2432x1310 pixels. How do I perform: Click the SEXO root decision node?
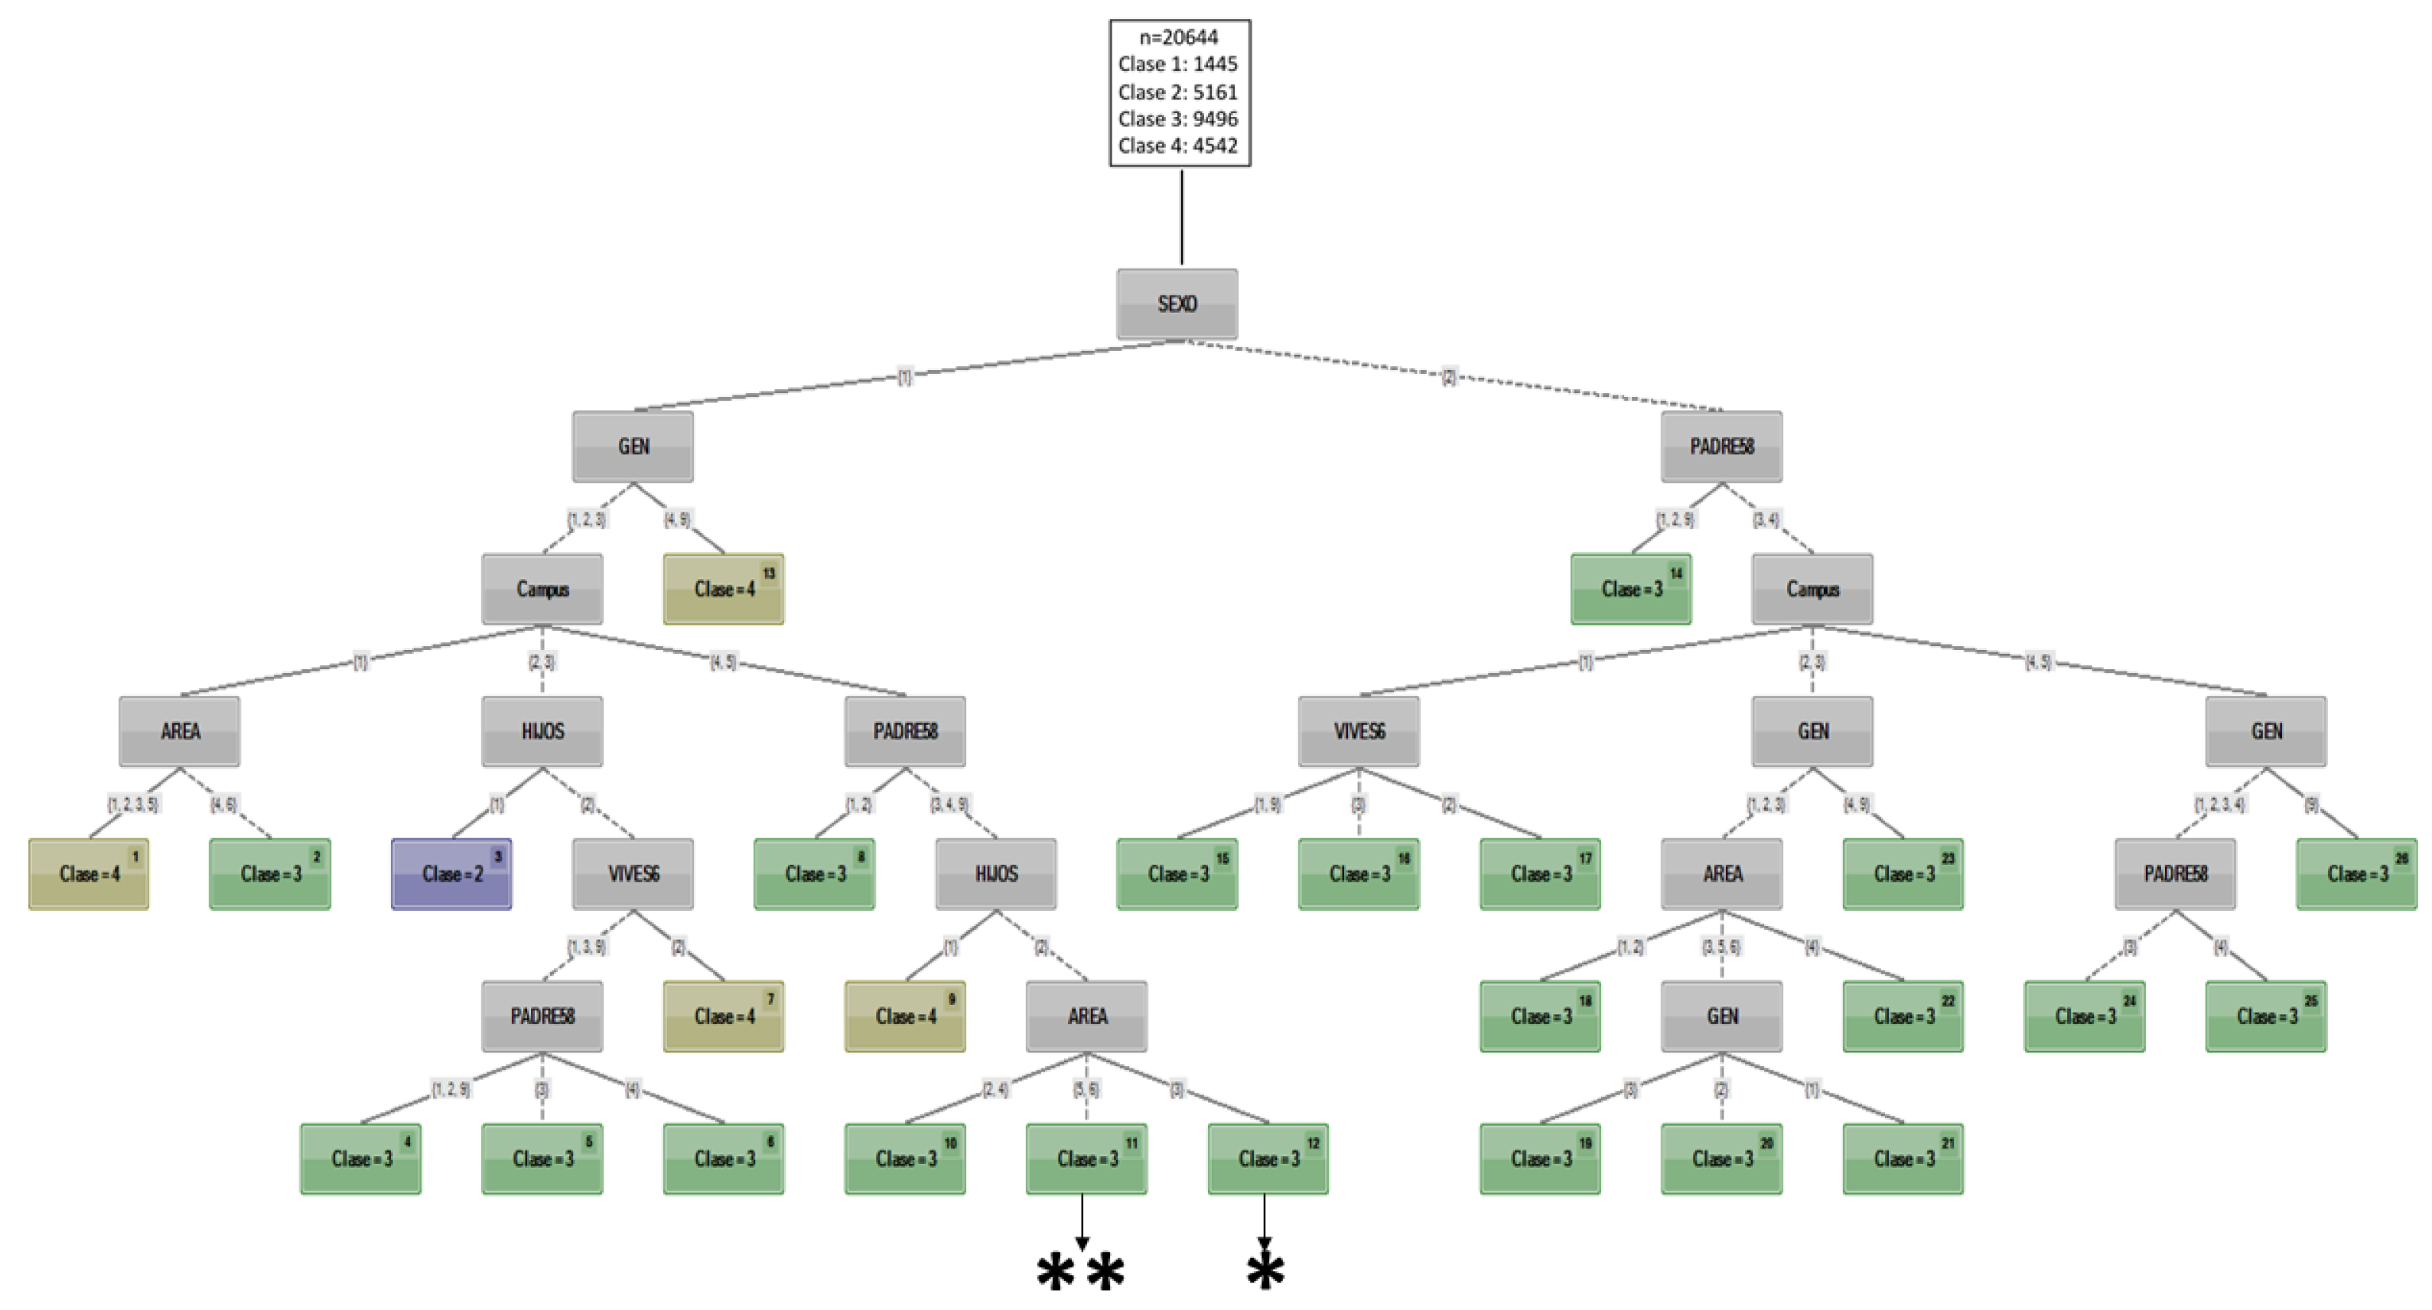pos(1177,304)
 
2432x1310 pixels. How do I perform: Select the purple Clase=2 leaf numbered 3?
pos(451,874)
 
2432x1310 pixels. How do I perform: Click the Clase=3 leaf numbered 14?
pos(1630,589)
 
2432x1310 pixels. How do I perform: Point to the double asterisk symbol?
pos(1080,1273)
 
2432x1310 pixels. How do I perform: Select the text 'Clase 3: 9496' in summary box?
pos(1177,119)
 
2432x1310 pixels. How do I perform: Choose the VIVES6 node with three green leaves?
pos(1359,731)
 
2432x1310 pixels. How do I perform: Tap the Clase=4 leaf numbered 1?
pos(89,874)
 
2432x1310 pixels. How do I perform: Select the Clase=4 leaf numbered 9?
pos(904,1016)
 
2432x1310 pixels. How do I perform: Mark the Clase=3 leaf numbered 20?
pos(1721,1159)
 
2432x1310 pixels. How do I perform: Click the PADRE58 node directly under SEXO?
pos(1721,447)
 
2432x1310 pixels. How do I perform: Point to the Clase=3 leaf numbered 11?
pos(1086,1159)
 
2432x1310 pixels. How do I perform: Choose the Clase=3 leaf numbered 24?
pos(2085,1016)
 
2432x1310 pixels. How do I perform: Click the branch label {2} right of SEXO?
pos(1449,376)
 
